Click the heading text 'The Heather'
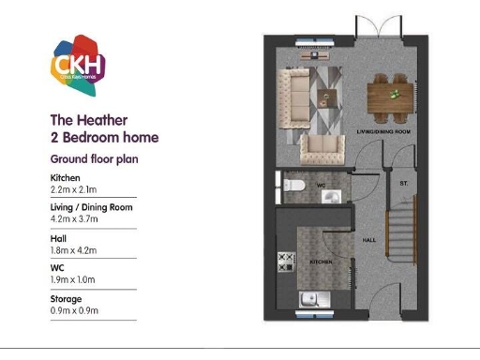(x=88, y=120)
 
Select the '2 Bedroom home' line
(x=104, y=138)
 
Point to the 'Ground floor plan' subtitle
(x=94, y=159)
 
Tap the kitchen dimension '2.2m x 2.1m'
(x=73, y=189)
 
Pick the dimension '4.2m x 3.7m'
(x=73, y=219)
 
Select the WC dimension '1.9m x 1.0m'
(x=73, y=279)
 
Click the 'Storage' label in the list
(x=65, y=298)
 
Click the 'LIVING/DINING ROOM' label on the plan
(x=384, y=132)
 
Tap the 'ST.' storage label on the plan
(x=404, y=182)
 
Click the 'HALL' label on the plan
(x=369, y=240)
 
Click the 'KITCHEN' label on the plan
(x=322, y=262)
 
